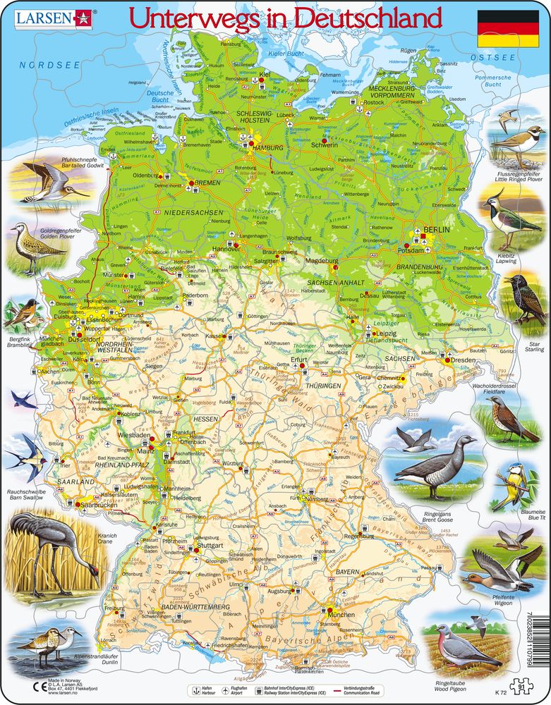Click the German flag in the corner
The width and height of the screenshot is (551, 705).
pyautogui.click(x=507, y=29)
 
